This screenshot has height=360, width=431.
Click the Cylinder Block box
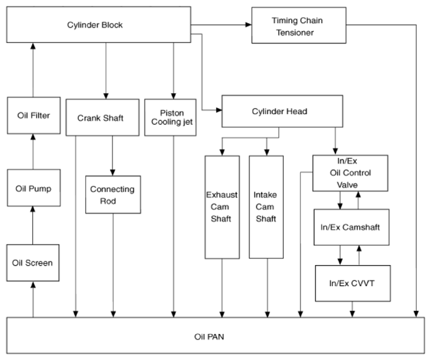click(x=99, y=25)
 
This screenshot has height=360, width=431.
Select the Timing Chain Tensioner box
click(x=299, y=25)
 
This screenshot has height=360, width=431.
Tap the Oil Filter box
click(x=34, y=115)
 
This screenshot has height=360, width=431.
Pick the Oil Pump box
click(x=34, y=188)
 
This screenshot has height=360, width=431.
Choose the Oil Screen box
click(x=33, y=263)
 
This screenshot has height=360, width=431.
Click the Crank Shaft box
click(x=102, y=117)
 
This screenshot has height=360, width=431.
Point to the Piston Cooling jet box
click(x=170, y=117)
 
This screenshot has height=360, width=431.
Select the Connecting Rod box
click(x=113, y=194)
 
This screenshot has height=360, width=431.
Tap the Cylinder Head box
click(x=283, y=111)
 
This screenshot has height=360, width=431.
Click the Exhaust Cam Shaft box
click(x=222, y=207)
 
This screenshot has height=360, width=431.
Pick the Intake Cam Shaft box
click(x=266, y=207)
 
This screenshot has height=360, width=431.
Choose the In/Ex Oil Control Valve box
click(x=350, y=173)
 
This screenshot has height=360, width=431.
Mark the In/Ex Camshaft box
click(x=352, y=227)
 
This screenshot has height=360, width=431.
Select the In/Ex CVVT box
click(x=353, y=283)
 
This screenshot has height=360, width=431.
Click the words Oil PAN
click(x=209, y=336)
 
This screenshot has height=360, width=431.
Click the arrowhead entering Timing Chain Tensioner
click(x=248, y=25)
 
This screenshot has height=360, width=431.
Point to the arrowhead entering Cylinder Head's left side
click(x=219, y=110)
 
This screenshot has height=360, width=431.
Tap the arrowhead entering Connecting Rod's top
click(x=112, y=173)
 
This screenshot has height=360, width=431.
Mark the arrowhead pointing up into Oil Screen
click(x=34, y=285)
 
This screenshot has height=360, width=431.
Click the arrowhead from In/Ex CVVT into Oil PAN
click(x=352, y=314)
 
